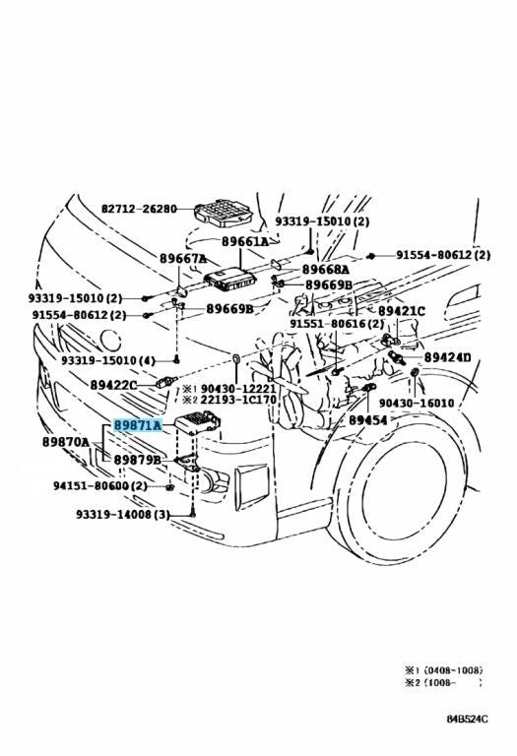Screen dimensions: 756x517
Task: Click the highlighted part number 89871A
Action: (137, 425)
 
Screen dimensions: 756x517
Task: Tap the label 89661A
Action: (244, 240)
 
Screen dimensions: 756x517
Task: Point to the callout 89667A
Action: (183, 259)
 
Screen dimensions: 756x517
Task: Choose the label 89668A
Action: (326, 269)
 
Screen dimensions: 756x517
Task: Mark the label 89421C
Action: (402, 311)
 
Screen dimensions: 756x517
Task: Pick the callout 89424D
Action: (447, 357)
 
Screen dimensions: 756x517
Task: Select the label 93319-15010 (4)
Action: (107, 361)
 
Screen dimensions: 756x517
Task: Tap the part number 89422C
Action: (114, 385)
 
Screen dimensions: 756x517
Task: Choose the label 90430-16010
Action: (417, 403)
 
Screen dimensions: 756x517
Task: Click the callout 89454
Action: (367, 419)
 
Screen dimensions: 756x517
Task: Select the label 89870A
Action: (65, 442)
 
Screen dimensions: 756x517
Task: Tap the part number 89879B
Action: (137, 460)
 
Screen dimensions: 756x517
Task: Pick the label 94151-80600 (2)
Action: (99, 485)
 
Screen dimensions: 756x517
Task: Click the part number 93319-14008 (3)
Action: (122, 514)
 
